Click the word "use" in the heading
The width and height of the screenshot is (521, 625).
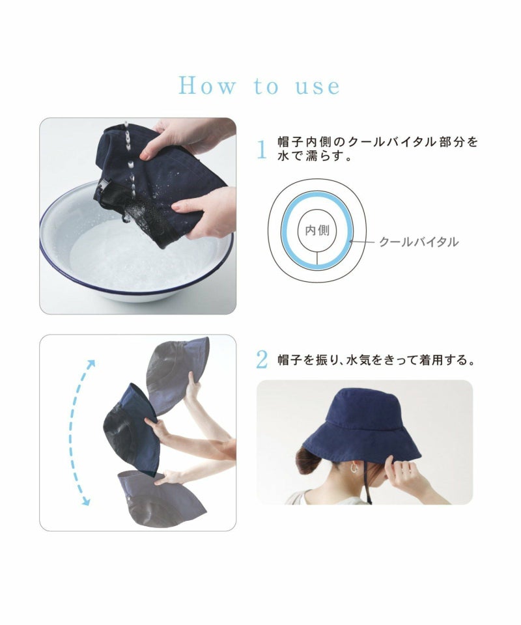[318, 87]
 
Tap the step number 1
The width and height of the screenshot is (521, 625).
[262, 150]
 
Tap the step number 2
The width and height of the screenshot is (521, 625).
[262, 360]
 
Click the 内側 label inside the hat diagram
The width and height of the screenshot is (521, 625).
[317, 230]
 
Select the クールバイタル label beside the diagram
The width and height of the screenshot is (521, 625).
[419, 242]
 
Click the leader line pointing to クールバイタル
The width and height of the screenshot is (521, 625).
[362, 242]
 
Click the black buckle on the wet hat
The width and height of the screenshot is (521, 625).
[102, 189]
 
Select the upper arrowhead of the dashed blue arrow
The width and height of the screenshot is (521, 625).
[91, 364]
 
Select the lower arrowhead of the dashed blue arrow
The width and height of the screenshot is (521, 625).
[86, 501]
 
